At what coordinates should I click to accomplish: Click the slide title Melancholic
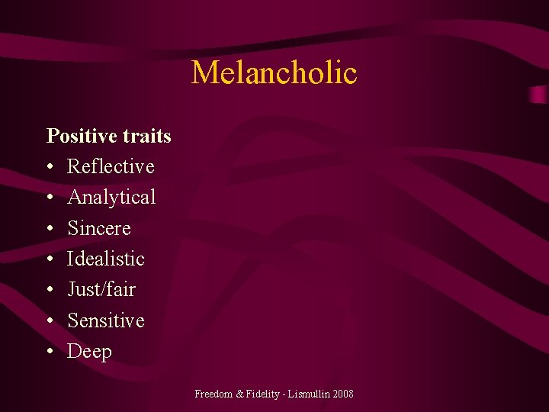tap(274, 73)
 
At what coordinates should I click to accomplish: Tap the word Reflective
tap(111, 166)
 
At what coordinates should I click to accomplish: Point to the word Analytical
tap(111, 198)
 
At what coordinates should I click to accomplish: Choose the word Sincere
tap(99, 228)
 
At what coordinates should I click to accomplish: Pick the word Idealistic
tap(106, 259)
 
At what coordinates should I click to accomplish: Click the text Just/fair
tap(101, 290)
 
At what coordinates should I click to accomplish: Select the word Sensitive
tap(106, 320)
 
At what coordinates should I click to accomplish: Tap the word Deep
tap(89, 352)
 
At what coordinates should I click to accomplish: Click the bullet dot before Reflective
tap(50, 167)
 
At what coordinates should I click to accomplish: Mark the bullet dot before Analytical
tap(50, 198)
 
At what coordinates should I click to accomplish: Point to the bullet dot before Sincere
tap(50, 229)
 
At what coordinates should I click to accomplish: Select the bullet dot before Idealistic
tap(50, 259)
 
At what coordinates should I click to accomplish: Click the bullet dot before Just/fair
tap(50, 290)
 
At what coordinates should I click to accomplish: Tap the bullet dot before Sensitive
tap(50, 321)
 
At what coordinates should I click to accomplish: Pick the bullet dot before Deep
tap(50, 352)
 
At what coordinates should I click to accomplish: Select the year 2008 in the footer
tap(342, 394)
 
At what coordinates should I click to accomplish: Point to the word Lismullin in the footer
tap(303, 394)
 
